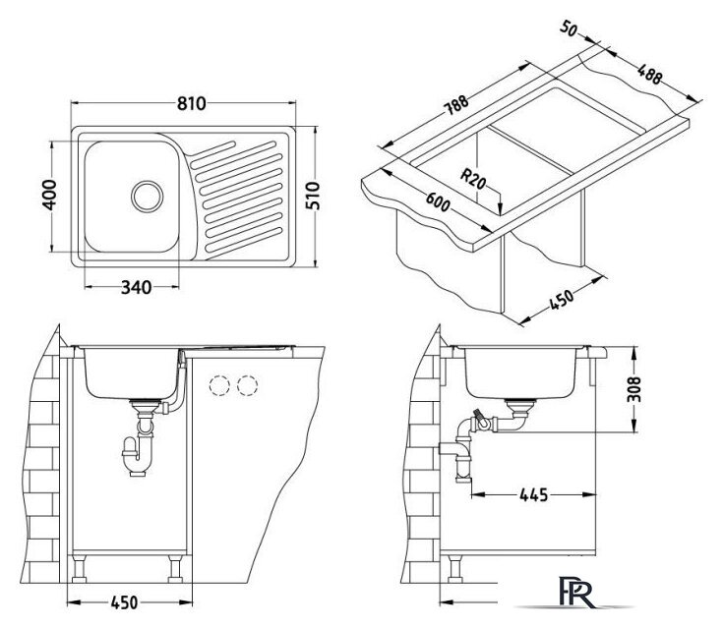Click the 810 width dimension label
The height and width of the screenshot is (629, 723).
pyautogui.click(x=192, y=103)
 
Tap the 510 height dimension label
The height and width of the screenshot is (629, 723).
pyautogui.click(x=313, y=196)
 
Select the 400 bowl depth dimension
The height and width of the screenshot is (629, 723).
pyautogui.click(x=49, y=195)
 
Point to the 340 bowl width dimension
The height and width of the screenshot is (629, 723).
pyautogui.click(x=136, y=288)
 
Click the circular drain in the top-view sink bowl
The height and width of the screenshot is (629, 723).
pyautogui.click(x=148, y=197)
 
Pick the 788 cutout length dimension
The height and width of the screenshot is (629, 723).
pyautogui.click(x=455, y=105)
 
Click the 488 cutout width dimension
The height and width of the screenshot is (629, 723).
pyautogui.click(x=649, y=74)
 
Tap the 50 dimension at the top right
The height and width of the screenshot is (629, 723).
pyautogui.click(x=569, y=29)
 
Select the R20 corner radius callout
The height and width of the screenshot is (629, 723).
pyautogui.click(x=473, y=179)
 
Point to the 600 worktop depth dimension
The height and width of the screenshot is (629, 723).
pyautogui.click(x=438, y=201)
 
